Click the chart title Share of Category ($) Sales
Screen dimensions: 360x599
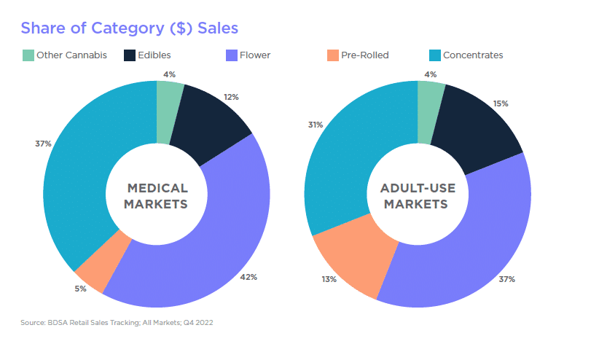pyautogui.click(x=129, y=28)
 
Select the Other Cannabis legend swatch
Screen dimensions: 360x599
pyautogui.click(x=28, y=55)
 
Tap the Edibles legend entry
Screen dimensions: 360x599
pyautogui.click(x=147, y=55)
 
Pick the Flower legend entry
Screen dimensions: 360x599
pyautogui.click(x=248, y=55)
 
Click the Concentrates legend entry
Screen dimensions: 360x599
pyautogui.click(x=466, y=55)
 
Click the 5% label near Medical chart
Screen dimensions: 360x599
pyautogui.click(x=80, y=289)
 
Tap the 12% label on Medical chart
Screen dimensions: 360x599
pyautogui.click(x=232, y=97)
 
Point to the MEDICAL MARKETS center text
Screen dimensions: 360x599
pyautogui.click(x=156, y=196)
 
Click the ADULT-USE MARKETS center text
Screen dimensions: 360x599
pyautogui.click(x=418, y=196)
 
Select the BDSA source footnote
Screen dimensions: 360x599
pyautogui.click(x=117, y=321)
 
